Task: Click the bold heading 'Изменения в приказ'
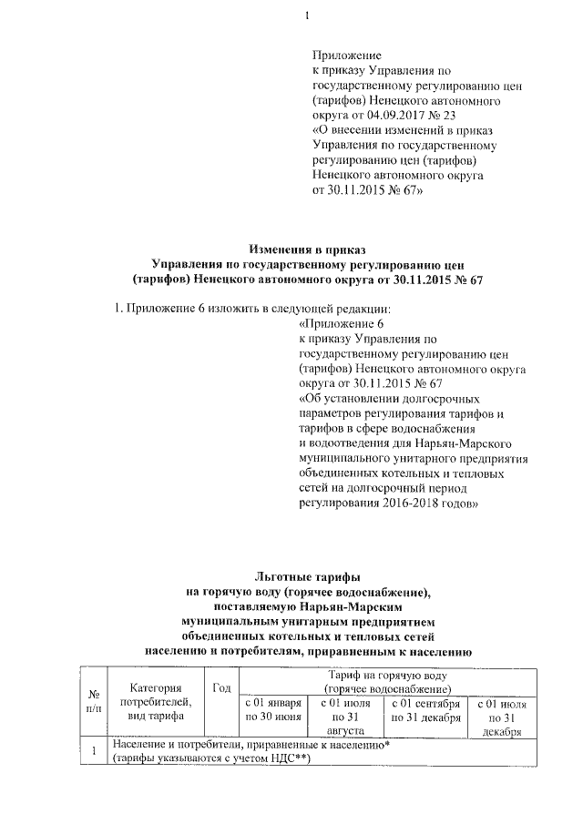307,249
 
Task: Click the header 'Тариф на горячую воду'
388,677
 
